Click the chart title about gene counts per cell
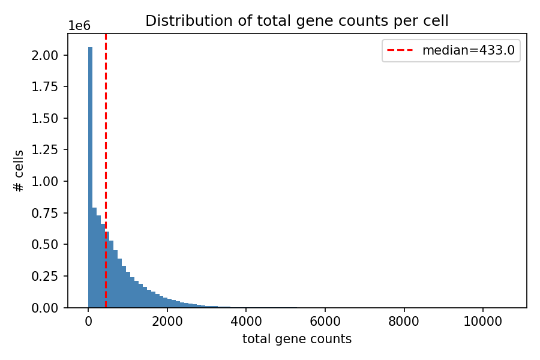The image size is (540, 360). click(x=296, y=21)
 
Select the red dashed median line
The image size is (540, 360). click(x=106, y=150)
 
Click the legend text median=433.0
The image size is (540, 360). click(x=468, y=50)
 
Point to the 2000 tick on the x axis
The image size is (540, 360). click(x=167, y=322)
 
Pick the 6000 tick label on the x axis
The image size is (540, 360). click(x=325, y=322)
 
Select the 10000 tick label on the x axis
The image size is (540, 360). click(x=483, y=322)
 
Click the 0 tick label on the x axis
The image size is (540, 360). click(x=88, y=322)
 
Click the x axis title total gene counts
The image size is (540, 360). click(x=296, y=339)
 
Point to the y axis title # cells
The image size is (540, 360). click(x=19, y=171)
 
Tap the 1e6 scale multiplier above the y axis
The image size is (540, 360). click(x=79, y=26)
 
